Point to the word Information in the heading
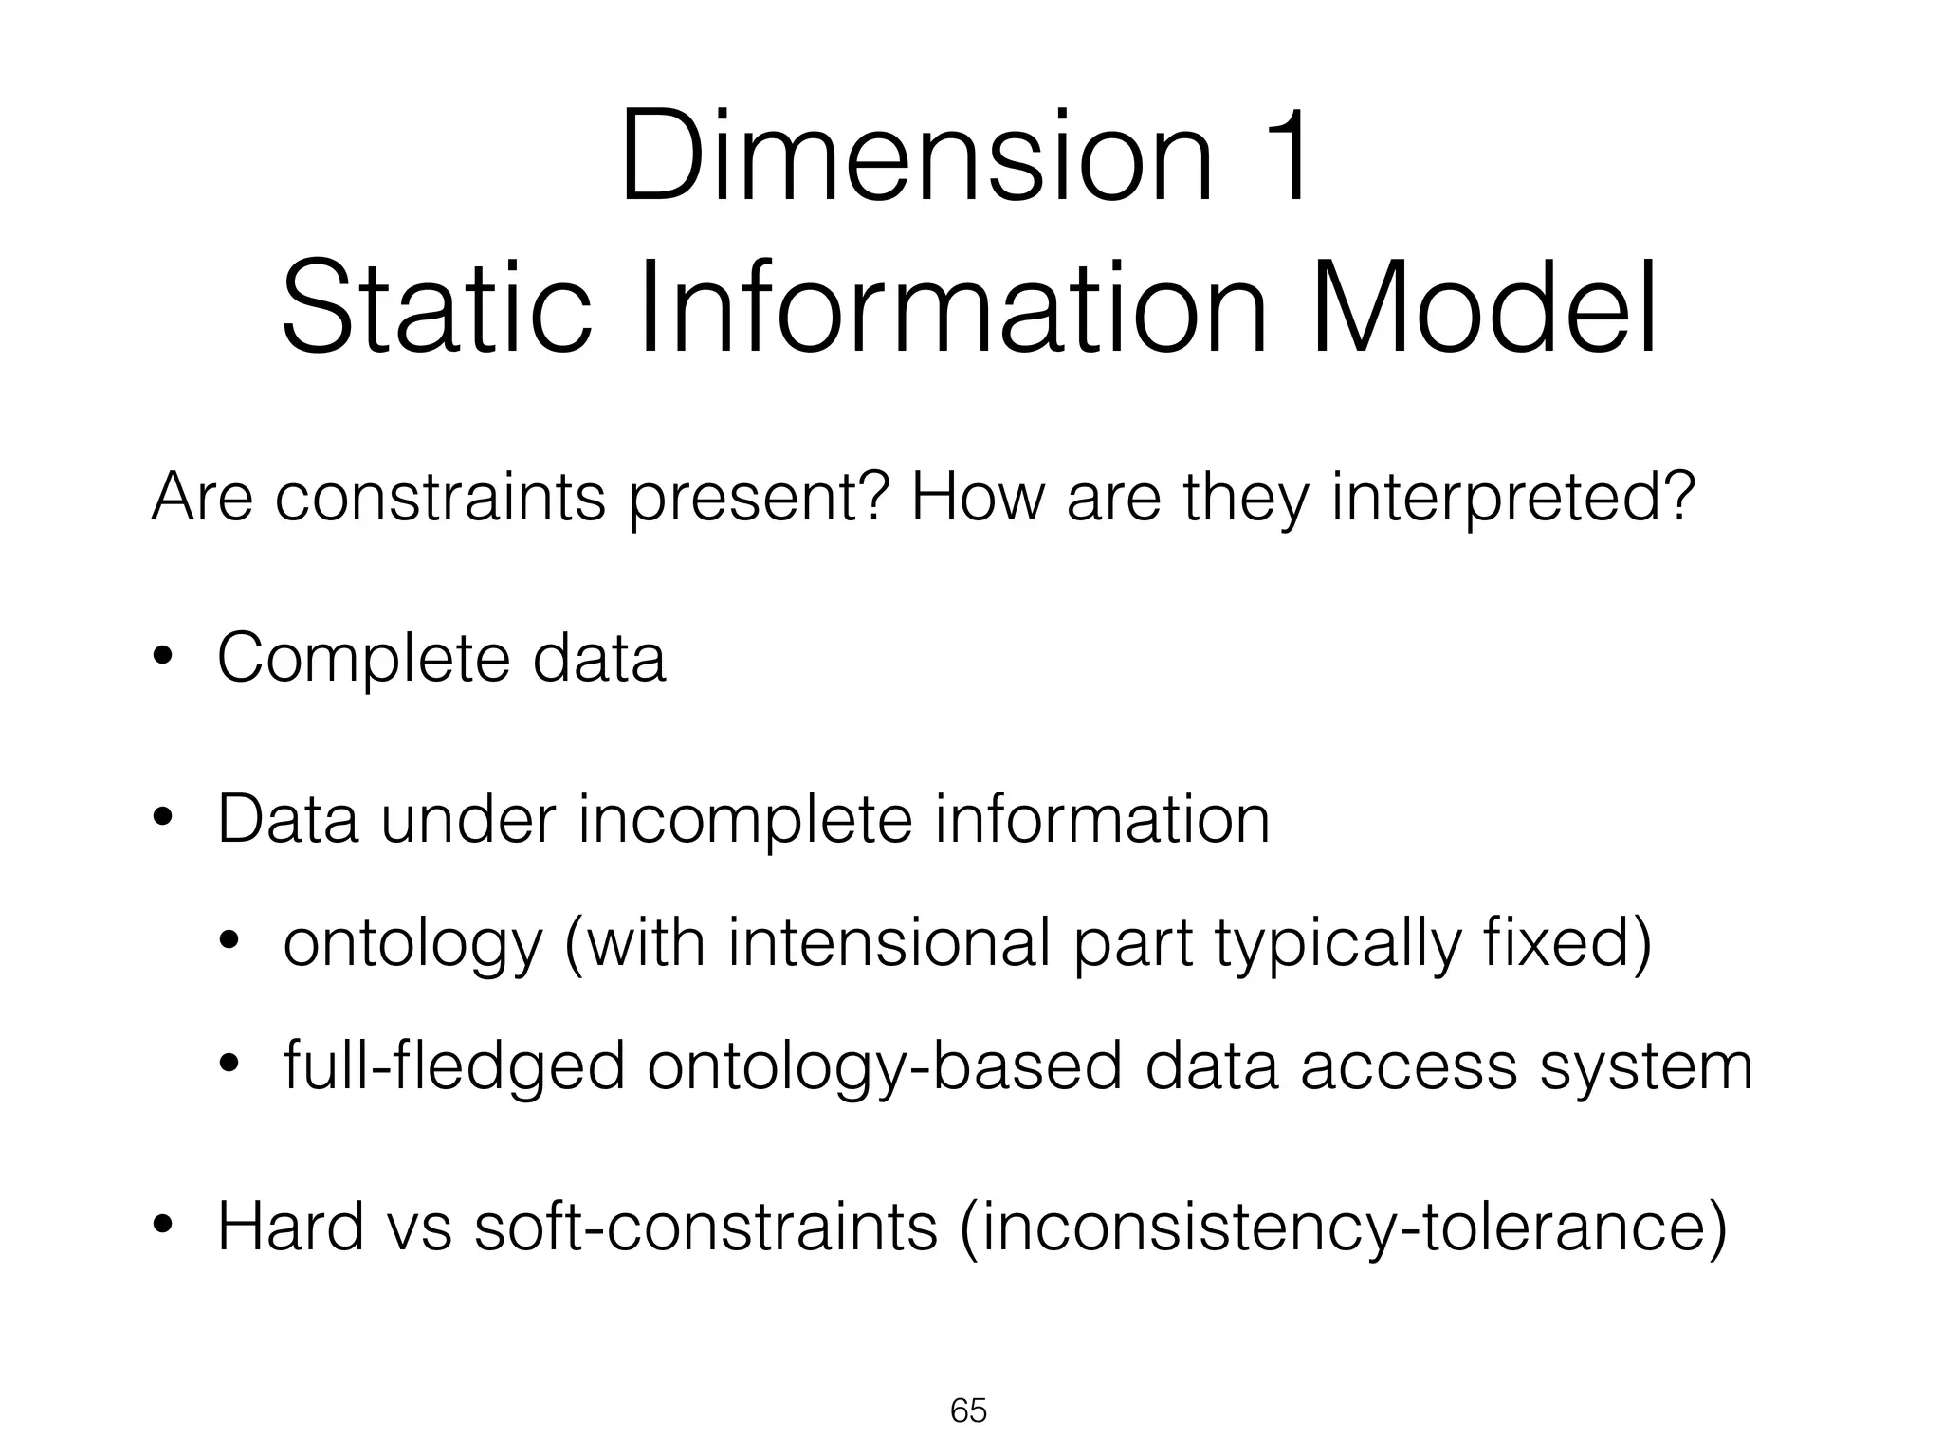[952, 309]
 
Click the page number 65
[968, 1411]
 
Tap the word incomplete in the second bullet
[744, 821]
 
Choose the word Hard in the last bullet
[290, 1226]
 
